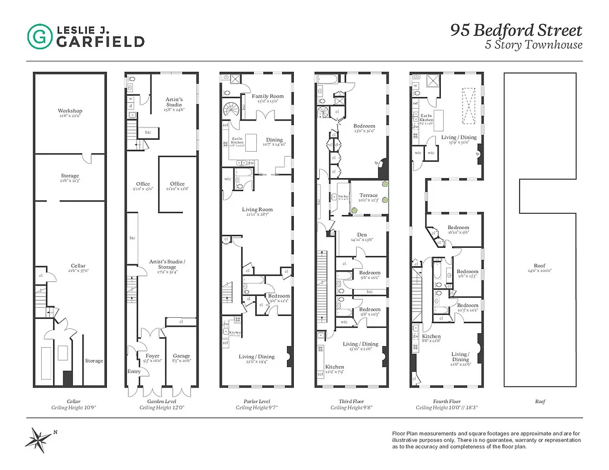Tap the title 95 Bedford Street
pos(516,31)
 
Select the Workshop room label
pos(70,111)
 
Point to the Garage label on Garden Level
pos(181,356)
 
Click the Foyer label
pos(152,356)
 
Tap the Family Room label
pos(268,96)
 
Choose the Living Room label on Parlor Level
pos(257,209)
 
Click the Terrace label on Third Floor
pos(368,196)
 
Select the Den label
pos(362,234)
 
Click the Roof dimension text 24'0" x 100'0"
pos(540,271)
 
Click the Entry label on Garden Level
pos(134,371)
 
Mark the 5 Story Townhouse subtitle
pos(533,45)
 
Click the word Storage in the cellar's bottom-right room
pos(93,361)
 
